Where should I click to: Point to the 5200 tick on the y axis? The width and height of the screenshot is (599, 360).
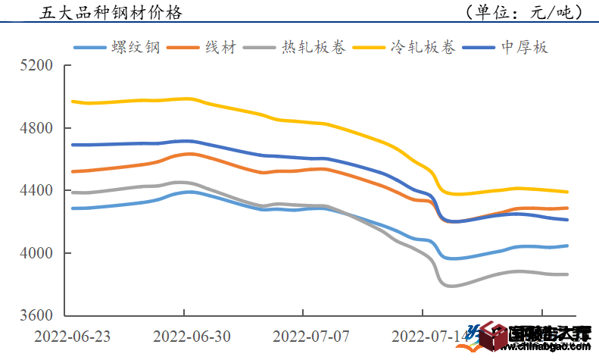pyautogui.click(x=37, y=66)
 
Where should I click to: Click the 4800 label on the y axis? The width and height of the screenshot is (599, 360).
pyautogui.click(x=37, y=128)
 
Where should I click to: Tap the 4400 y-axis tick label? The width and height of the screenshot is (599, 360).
pyautogui.click(x=37, y=191)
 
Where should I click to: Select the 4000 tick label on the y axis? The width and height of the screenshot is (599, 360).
pyautogui.click(x=37, y=253)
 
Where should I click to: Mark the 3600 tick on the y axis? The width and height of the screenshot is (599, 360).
pyautogui.click(x=37, y=316)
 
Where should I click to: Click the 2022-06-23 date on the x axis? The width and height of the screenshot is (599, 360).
pyautogui.click(x=65, y=335)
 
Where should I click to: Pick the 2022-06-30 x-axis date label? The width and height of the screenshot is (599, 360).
pyautogui.click(x=184, y=335)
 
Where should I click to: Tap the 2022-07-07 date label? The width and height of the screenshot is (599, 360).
pyautogui.click(x=303, y=335)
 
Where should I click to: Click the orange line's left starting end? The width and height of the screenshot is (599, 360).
pyautogui.click(x=73, y=171)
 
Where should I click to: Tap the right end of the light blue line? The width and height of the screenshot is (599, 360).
pyautogui.click(x=567, y=246)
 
